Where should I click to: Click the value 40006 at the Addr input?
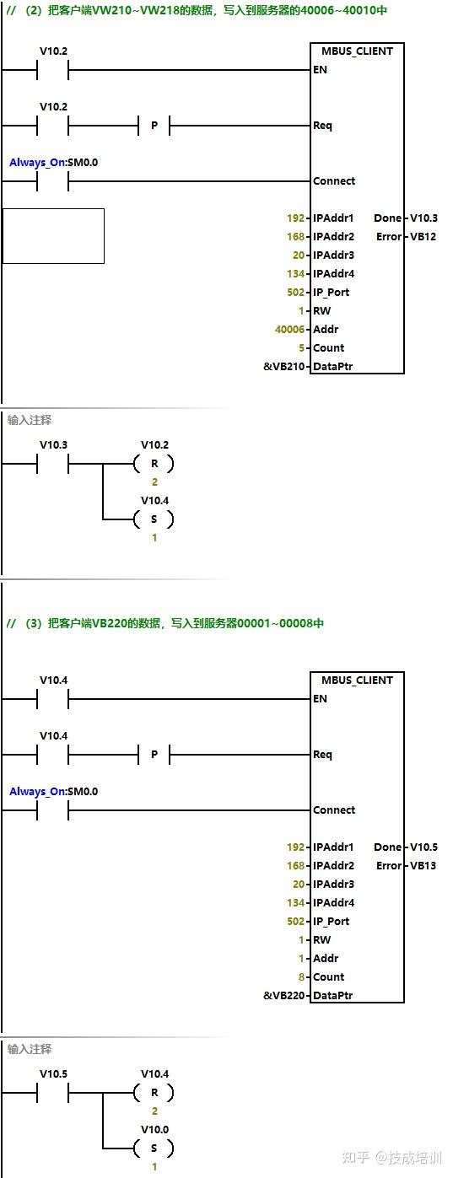coord(289,329)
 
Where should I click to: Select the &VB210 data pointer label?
coord(284,367)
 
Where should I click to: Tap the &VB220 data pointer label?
coord(284,996)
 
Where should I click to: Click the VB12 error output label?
coord(423,237)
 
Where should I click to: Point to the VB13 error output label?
coord(423,866)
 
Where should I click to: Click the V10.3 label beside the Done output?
coord(423,218)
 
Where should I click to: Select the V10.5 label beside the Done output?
coord(423,847)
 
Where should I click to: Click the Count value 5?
coord(301,348)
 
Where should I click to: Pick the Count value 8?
coord(301,977)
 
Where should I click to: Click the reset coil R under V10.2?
coord(154,463)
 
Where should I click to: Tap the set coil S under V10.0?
coord(154,1148)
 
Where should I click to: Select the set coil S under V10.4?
coord(154,519)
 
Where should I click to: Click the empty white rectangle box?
coord(53,236)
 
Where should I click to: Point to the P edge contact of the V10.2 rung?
coord(154,126)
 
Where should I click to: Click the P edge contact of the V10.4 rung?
coord(154,755)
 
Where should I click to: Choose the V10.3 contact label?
coord(53,445)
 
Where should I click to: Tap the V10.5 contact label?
coord(53,1074)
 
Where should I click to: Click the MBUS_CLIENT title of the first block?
coord(357,51)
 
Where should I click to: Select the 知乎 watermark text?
coord(356,1158)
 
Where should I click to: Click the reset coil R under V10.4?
coord(154,1092)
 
